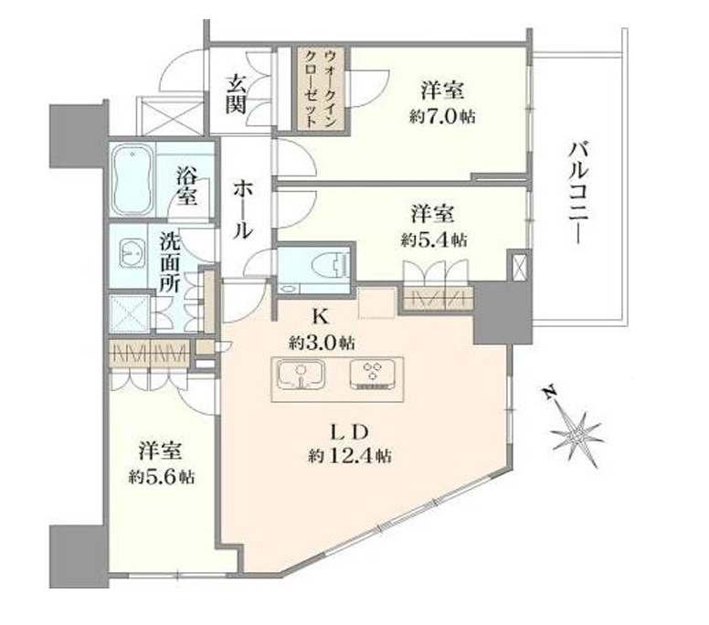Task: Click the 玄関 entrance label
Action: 236,92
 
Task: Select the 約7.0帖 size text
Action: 443,116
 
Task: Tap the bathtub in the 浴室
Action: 133,179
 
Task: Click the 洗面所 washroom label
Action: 170,262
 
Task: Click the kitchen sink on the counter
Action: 298,376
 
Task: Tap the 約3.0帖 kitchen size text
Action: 323,343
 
